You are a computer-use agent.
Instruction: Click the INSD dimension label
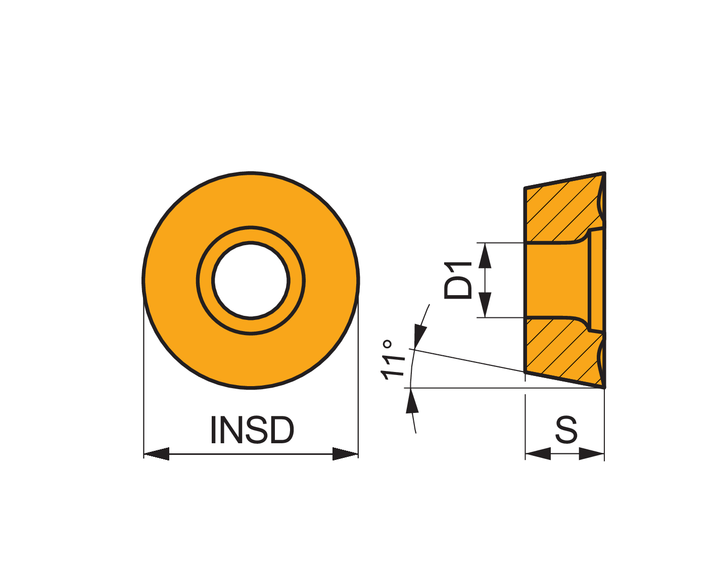252,430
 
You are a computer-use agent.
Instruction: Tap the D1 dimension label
458,280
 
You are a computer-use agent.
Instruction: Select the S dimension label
566,430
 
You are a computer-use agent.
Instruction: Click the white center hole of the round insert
251,280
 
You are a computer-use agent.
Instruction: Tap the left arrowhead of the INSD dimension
157,454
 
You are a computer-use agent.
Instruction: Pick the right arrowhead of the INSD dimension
345,454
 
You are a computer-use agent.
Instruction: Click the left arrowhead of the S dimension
538,454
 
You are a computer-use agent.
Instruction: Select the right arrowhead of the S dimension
592,454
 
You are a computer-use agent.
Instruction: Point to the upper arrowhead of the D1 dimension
485,256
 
